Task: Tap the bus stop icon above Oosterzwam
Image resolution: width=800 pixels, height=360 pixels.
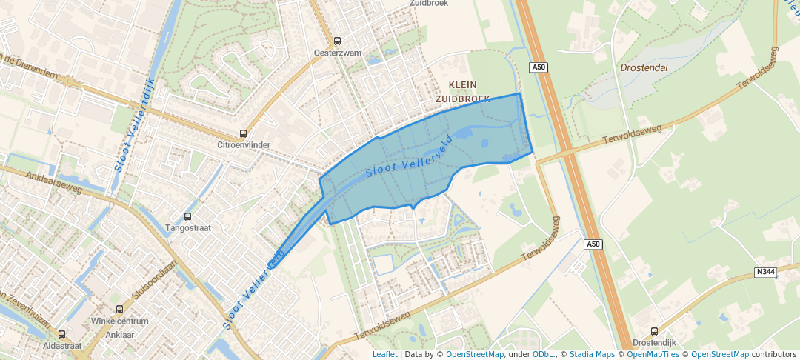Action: (x=338, y=41)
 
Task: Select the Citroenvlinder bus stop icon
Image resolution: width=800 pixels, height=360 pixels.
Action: (x=243, y=134)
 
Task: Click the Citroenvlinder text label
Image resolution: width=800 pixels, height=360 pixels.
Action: (x=243, y=145)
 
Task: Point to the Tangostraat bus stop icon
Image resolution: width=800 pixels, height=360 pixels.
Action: (x=187, y=217)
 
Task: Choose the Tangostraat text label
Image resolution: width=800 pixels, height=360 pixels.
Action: (x=187, y=228)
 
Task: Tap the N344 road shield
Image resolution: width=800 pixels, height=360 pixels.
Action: (x=765, y=273)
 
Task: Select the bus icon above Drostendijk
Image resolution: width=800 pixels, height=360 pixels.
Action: (x=653, y=332)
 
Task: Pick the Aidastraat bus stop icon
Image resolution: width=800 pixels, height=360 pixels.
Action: (x=61, y=335)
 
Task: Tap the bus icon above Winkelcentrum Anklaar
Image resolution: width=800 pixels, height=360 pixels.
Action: (x=119, y=310)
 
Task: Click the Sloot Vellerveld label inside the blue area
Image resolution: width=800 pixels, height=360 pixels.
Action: (x=410, y=160)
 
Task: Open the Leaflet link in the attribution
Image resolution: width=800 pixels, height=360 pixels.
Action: (x=384, y=355)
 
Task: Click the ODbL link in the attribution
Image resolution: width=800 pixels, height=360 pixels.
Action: (x=543, y=355)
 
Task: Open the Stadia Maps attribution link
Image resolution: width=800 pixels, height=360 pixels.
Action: (x=591, y=355)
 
